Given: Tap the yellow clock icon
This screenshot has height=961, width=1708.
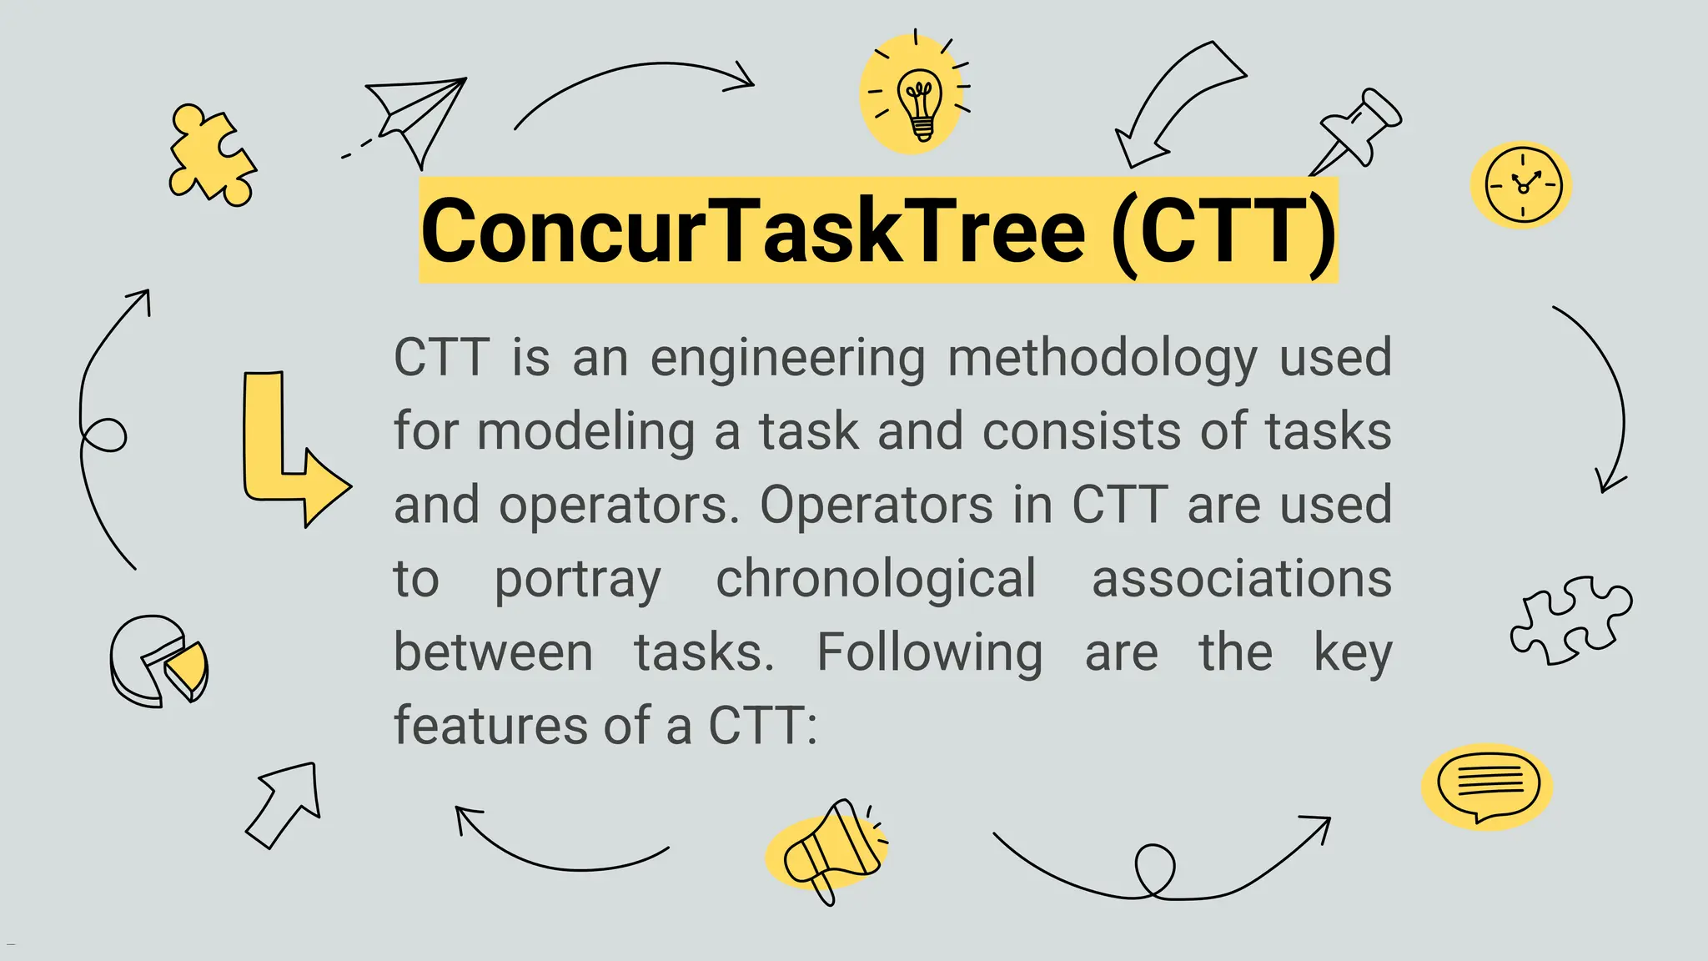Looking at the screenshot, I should tap(1522, 185).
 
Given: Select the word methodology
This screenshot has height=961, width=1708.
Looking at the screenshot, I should tap(1103, 359).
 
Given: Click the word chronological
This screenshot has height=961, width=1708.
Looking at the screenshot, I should tap(876, 579).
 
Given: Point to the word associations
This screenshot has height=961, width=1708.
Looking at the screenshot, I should tap(1241, 579).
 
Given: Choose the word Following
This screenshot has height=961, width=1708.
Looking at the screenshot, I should tap(929, 652).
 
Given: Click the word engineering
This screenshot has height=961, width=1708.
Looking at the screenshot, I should tap(787, 359).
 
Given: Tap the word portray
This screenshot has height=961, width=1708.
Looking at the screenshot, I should tap(577, 581).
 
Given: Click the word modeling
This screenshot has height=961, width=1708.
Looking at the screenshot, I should tap(585, 432).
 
